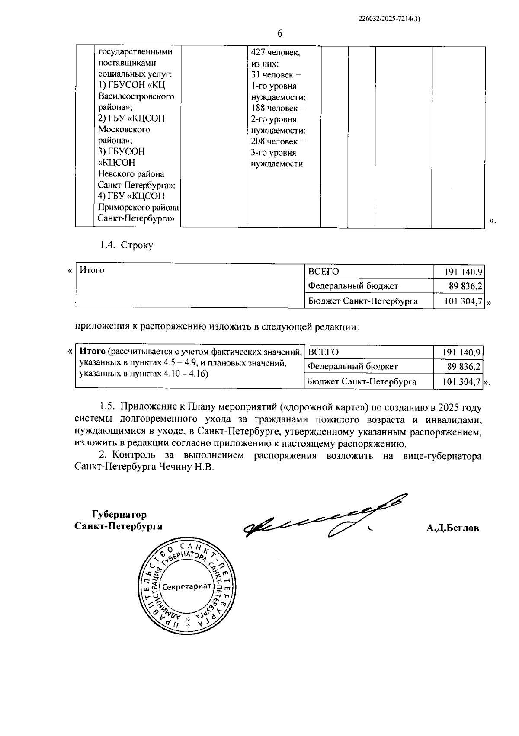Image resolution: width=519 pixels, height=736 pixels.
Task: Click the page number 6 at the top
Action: pyautogui.click(x=279, y=34)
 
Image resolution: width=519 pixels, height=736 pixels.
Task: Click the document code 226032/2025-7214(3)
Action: pyautogui.click(x=390, y=19)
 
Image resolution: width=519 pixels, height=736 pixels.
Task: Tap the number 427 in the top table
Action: pyautogui.click(x=258, y=52)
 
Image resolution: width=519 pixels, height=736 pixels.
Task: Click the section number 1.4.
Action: pyautogui.click(x=107, y=245)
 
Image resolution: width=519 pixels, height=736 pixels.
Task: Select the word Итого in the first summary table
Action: pyautogui.click(x=92, y=270)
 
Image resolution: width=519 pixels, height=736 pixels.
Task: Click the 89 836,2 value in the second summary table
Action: pyautogui.click(x=464, y=367)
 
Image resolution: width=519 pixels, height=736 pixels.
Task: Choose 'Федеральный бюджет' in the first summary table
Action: pyautogui.click(x=353, y=286)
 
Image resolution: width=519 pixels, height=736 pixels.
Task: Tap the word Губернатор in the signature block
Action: pyautogui.click(x=119, y=515)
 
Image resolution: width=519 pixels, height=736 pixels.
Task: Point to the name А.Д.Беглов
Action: pyautogui.click(x=452, y=528)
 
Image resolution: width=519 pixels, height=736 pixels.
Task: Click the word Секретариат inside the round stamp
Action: pyautogui.click(x=187, y=586)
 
